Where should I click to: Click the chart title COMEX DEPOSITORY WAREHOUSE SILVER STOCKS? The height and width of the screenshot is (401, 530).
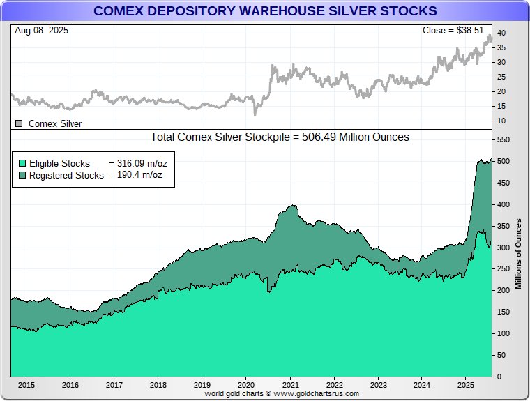[265, 10]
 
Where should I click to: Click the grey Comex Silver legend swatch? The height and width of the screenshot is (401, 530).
[19, 123]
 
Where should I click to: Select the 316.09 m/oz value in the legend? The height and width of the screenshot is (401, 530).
[142, 163]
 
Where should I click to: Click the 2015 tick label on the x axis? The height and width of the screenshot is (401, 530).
[26, 384]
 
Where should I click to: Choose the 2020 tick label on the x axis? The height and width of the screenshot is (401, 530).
[246, 384]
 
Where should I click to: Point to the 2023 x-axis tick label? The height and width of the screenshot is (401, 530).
[378, 384]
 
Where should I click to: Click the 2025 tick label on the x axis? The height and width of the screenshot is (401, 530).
[466, 384]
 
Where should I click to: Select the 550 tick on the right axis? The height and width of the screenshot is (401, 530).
[503, 140]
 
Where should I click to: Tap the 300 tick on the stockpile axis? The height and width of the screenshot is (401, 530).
[503, 248]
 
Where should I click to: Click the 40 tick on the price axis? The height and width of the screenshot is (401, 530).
[501, 33]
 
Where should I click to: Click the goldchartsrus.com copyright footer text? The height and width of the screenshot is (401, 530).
[282, 393]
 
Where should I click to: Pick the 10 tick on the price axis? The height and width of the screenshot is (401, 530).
[501, 121]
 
